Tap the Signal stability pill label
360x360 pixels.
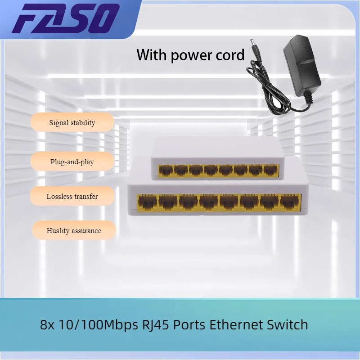tap(72, 122)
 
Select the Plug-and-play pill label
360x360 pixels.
tap(72, 162)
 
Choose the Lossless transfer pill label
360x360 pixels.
tap(72, 196)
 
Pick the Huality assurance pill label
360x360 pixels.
tap(74, 230)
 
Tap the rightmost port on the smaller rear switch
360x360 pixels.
tap(270, 171)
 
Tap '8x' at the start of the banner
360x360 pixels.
tap(47, 324)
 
